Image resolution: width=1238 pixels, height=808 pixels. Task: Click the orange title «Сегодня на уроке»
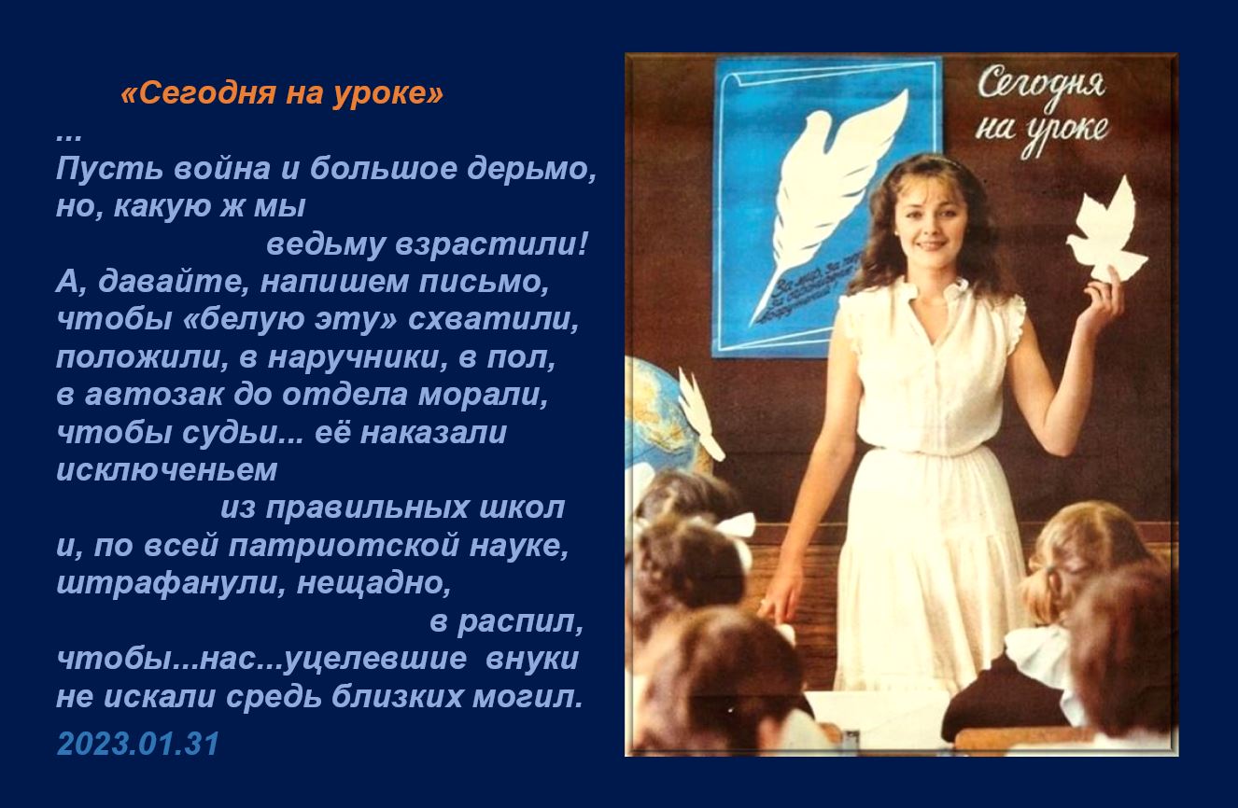[282, 93]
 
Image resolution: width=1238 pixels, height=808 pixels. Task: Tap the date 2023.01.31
[138, 744]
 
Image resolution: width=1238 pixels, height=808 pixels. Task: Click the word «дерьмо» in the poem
[531, 169]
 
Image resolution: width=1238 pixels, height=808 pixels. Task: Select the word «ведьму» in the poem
[326, 245]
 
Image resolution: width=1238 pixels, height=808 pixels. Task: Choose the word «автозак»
[154, 396]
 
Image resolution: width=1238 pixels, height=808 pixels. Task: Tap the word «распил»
[519, 622]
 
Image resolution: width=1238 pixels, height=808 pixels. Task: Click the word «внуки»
[531, 659]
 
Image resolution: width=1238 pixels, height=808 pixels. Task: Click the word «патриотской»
[344, 547]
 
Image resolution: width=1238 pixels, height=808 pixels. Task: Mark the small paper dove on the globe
[701, 415]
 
